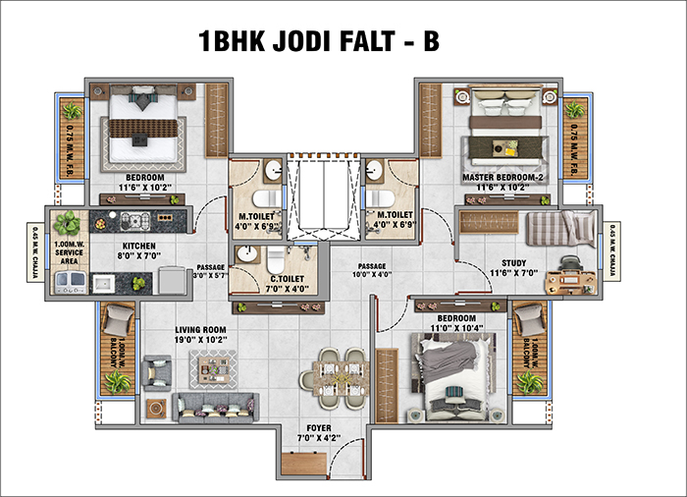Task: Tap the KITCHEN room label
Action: [138, 248]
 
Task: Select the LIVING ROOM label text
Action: [200, 330]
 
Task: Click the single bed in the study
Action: [558, 230]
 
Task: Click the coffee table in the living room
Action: [211, 367]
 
